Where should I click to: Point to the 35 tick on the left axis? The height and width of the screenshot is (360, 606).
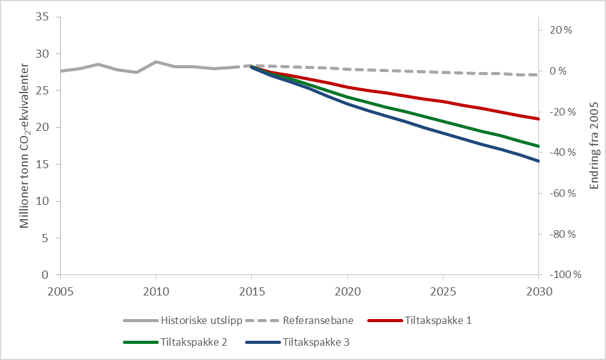click(x=42, y=17)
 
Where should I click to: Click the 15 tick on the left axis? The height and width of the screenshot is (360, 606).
click(x=42, y=164)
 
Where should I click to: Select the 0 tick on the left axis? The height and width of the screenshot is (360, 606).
click(x=45, y=275)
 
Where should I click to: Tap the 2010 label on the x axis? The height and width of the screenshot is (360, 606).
click(x=156, y=290)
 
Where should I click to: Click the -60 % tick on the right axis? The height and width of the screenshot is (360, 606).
click(x=560, y=194)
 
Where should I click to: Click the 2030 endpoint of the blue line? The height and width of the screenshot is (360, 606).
click(x=538, y=161)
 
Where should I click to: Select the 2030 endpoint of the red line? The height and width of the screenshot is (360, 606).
click(x=538, y=119)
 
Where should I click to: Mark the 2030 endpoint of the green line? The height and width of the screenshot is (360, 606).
click(x=538, y=146)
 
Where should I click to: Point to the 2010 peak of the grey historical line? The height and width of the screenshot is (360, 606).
click(x=156, y=62)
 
